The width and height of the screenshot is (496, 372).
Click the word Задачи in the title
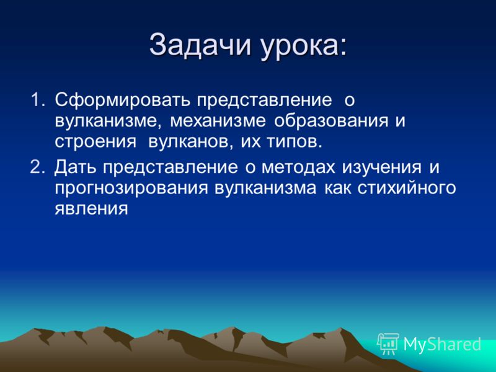200,45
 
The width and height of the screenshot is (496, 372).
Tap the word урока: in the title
304,48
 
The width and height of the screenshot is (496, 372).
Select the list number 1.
37,100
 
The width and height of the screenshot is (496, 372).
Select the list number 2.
38,167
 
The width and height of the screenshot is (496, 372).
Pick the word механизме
218,121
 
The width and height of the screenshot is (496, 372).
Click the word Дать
75,167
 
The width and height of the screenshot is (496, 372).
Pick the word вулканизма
265,188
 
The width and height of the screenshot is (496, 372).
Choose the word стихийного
407,188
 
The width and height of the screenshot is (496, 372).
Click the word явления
91,209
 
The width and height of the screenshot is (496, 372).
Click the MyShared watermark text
442,344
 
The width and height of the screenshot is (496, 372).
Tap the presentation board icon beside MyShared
388,343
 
